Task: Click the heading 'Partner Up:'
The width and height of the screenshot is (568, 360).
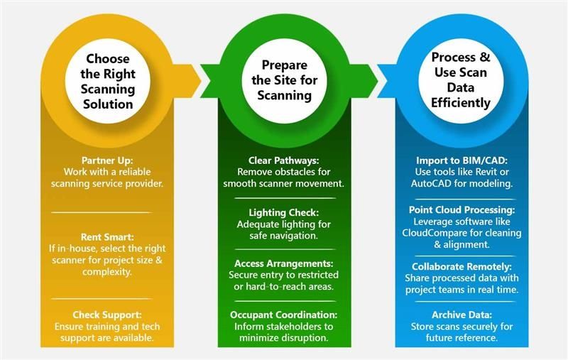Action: [x=107, y=160]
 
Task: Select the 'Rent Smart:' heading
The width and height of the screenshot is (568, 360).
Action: [x=107, y=237]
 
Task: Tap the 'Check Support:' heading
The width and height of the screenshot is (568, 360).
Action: [x=107, y=315]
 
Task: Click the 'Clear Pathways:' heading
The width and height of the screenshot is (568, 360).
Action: [x=283, y=160]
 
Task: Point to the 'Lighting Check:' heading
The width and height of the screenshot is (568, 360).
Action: [x=283, y=212]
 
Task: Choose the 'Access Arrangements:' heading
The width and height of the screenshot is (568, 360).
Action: [x=283, y=263]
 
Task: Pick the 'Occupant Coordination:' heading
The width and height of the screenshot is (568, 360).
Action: [x=283, y=315]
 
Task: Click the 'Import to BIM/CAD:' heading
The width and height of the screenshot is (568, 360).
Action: [x=462, y=160]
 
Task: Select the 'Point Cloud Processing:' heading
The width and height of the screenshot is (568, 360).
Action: [x=462, y=209]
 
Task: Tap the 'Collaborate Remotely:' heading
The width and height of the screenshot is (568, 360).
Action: [x=462, y=266]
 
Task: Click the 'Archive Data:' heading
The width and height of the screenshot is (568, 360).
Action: [x=462, y=315]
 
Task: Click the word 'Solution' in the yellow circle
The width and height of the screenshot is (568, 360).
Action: [x=108, y=104]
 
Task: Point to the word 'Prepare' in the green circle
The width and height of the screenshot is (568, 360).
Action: [x=285, y=65]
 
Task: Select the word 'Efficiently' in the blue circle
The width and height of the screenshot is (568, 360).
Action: [x=461, y=103]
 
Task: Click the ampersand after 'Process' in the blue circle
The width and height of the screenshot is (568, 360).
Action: [x=484, y=58]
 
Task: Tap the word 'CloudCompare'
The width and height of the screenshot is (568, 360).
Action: [x=433, y=233]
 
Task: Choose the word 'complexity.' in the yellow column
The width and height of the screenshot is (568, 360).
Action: [x=107, y=272]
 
